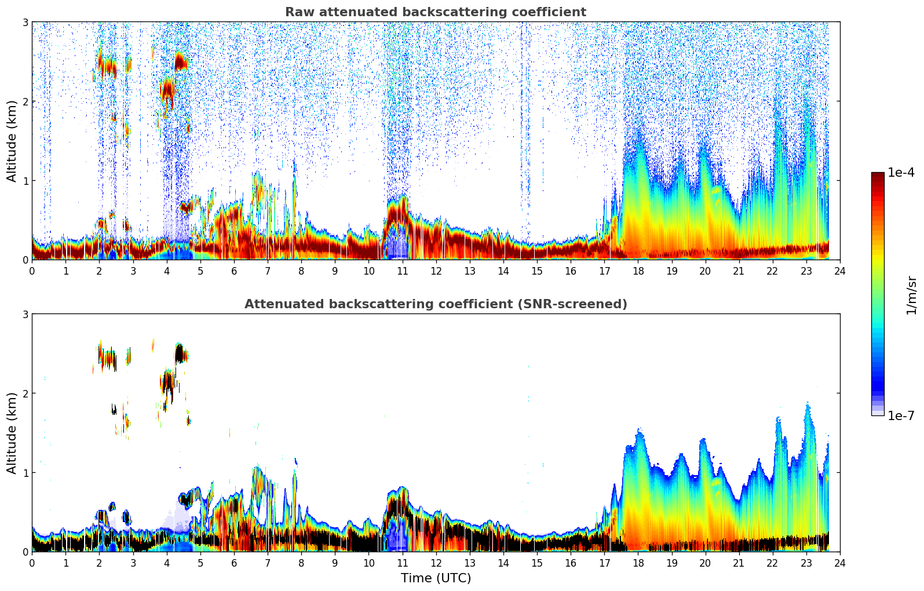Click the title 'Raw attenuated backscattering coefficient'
point(435,12)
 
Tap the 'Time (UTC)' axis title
point(436,578)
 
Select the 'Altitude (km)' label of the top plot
point(12,141)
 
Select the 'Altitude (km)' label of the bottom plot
point(12,433)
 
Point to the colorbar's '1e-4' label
point(901,173)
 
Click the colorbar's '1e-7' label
point(901,416)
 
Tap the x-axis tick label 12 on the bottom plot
point(436,563)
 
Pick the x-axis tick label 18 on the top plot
point(638,271)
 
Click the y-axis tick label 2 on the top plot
point(25,101)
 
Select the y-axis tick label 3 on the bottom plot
point(25,314)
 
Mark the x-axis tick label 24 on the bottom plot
point(840,563)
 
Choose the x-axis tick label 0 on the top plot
point(32,271)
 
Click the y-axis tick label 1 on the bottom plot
point(25,473)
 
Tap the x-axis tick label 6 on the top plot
point(234,271)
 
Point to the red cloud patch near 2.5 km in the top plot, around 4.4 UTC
point(180,61)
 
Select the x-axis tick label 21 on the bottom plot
point(739,563)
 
